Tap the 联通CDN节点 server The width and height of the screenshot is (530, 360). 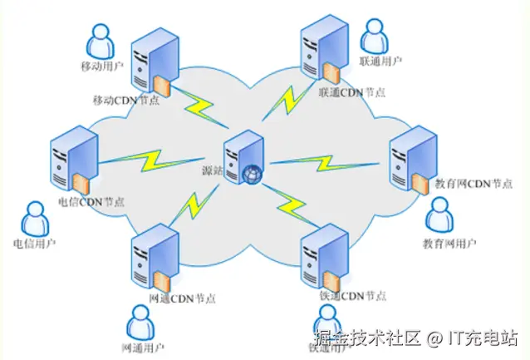tap(323, 49)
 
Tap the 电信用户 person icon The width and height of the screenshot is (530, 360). tap(33, 219)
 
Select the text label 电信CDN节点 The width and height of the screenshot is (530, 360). tap(91, 201)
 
